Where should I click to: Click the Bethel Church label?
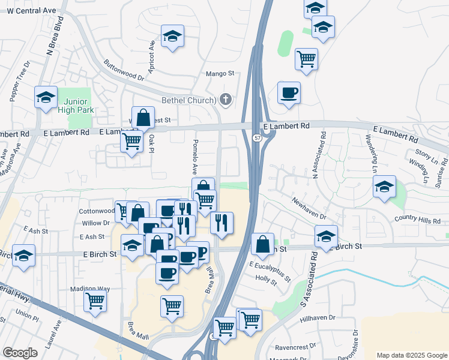(x=187, y=100)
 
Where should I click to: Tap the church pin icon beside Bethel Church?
(x=226, y=100)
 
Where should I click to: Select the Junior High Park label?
(x=75, y=104)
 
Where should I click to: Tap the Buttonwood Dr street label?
(x=124, y=70)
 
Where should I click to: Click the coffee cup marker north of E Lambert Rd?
(x=289, y=92)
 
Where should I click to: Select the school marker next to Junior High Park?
(x=46, y=98)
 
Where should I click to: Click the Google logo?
(x=21, y=353)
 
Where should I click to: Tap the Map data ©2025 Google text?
(x=411, y=355)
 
